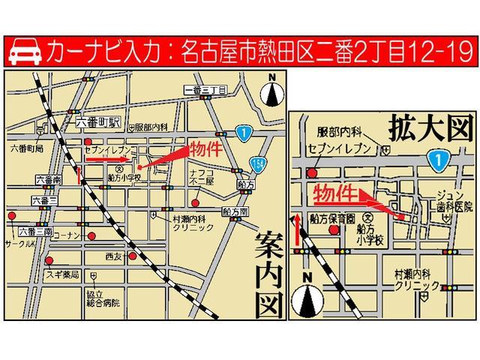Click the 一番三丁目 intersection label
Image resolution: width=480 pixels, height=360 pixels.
205,91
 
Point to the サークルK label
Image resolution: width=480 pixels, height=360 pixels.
18,244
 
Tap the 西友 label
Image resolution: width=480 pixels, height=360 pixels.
113,257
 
